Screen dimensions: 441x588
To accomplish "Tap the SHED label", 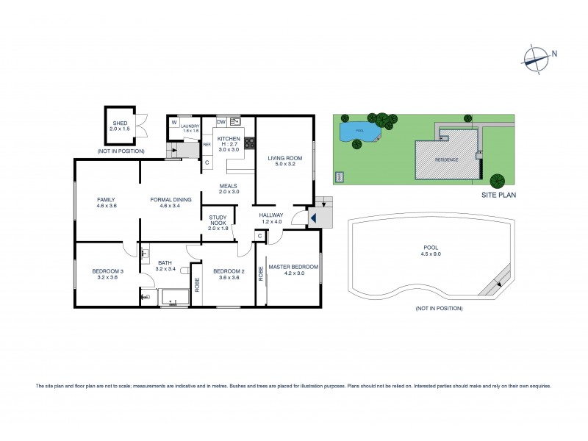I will tap(119, 123).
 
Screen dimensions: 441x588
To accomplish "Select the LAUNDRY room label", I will tap(190, 126).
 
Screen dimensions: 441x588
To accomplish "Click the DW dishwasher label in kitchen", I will tap(221, 122).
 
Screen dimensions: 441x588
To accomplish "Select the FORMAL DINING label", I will tap(171, 200).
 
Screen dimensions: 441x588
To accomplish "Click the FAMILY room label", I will tap(107, 200).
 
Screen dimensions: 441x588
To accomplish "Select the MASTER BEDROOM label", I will tap(293, 267).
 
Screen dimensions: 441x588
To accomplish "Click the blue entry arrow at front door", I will tap(312, 218).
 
